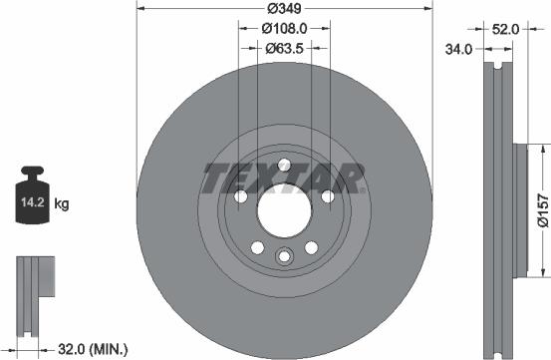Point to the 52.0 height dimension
pyautogui.click(x=506, y=30)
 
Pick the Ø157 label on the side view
pyautogui.click(x=542, y=210)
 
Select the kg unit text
pyautogui.click(x=62, y=204)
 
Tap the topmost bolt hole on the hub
pyautogui.click(x=284, y=166)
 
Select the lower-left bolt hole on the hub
pyautogui.click(x=257, y=247)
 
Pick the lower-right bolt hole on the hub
pyautogui.click(x=311, y=247)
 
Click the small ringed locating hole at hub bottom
pyautogui.click(x=284, y=257)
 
